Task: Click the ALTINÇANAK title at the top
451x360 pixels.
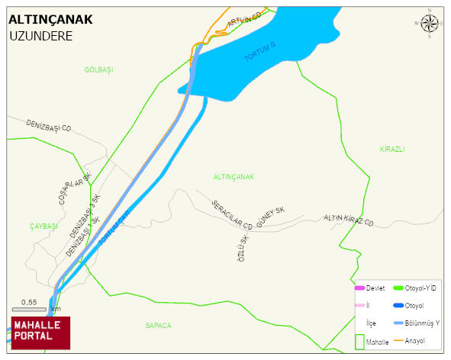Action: (50, 20)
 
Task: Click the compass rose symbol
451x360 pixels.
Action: (430, 24)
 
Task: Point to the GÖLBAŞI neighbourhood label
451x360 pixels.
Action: (98, 69)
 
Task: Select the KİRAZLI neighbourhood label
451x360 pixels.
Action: (391, 149)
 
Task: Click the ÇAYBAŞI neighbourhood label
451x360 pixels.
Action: (43, 227)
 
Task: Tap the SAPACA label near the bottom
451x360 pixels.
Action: (158, 325)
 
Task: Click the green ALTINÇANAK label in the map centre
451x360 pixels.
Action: (234, 176)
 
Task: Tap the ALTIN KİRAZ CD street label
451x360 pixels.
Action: (349, 220)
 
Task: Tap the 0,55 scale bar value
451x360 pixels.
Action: (29, 302)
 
